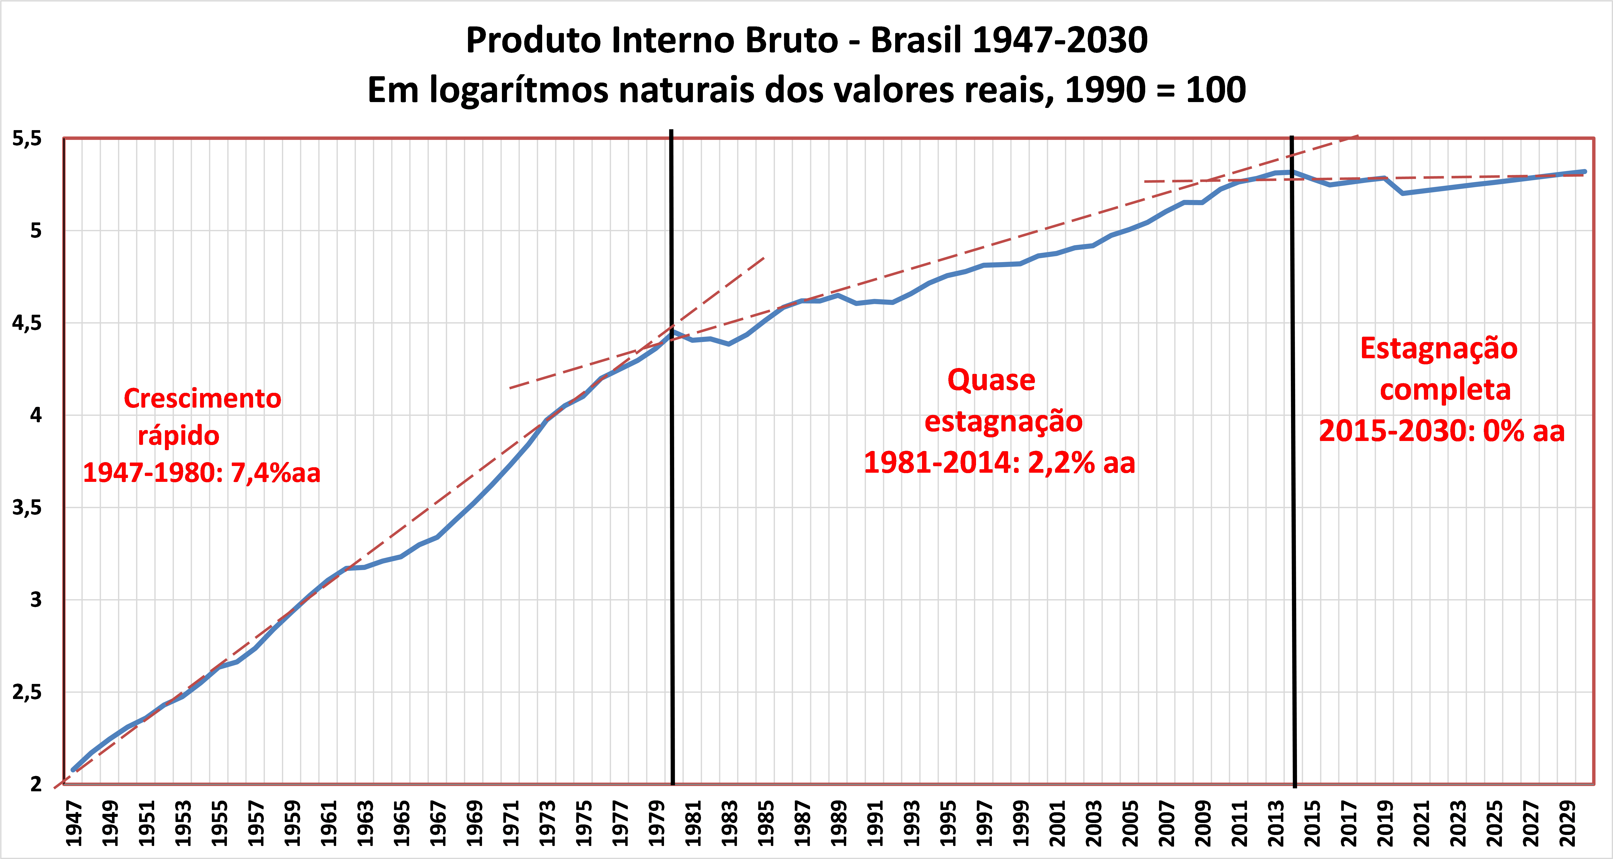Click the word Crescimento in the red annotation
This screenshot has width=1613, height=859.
[202, 398]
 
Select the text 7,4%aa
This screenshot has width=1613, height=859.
[275, 473]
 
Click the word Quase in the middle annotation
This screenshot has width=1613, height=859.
[991, 380]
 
